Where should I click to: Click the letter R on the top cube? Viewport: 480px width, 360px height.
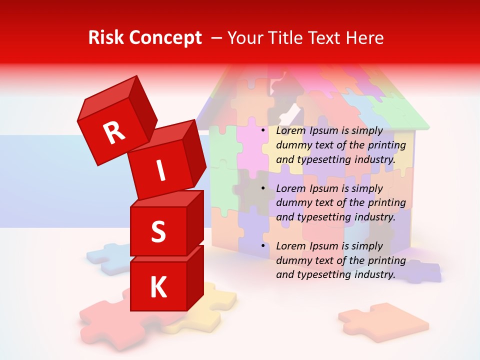tap(114, 133)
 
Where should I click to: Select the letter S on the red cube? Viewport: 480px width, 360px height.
tap(158, 231)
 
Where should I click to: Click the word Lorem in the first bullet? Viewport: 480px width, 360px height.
tap(290, 131)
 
